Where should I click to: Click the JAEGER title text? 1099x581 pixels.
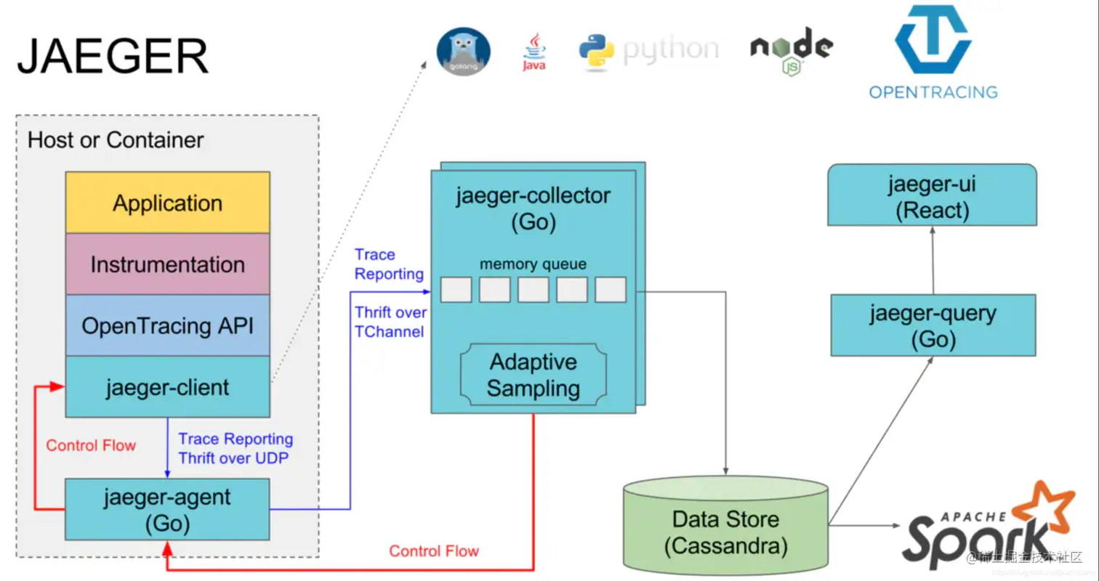click(x=113, y=57)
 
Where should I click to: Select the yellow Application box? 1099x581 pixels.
click(x=167, y=203)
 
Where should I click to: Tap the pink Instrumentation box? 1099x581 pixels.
click(x=167, y=264)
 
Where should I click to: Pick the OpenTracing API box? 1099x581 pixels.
click(x=167, y=326)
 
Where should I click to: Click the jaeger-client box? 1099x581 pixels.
click(x=167, y=387)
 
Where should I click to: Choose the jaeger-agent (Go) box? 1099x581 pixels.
click(x=167, y=510)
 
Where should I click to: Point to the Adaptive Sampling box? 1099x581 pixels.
click(x=533, y=375)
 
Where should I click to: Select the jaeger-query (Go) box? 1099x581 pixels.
click(x=933, y=325)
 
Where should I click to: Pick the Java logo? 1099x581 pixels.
click(x=534, y=52)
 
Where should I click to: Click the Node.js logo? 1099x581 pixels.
click(x=792, y=53)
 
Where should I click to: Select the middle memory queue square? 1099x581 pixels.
click(x=533, y=290)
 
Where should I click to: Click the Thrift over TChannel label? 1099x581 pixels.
click(x=390, y=322)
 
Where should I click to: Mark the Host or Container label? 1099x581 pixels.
click(x=116, y=139)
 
